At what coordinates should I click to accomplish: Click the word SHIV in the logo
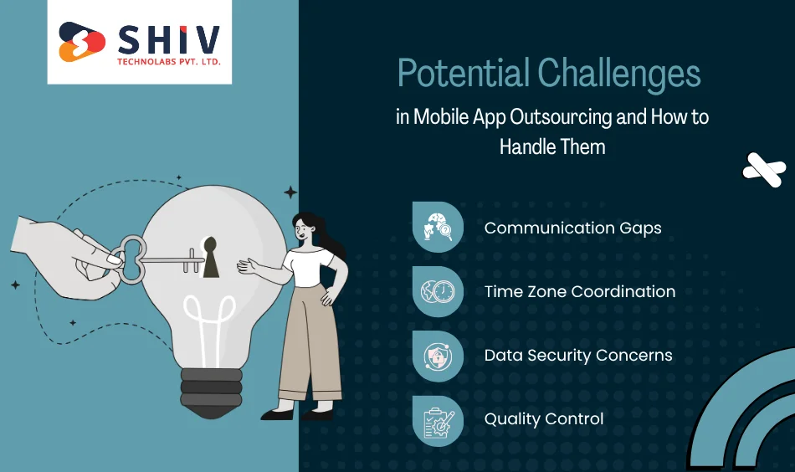(167, 38)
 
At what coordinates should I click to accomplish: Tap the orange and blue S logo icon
(82, 42)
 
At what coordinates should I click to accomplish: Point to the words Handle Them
(552, 146)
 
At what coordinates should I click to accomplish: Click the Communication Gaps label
(572, 228)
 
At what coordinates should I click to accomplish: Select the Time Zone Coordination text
(579, 291)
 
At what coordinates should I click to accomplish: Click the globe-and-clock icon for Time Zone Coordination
(438, 291)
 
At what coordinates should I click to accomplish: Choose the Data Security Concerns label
(578, 355)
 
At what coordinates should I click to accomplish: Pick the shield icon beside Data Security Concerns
(438, 355)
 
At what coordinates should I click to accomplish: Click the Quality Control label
(544, 418)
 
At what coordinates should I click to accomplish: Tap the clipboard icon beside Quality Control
(438, 419)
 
